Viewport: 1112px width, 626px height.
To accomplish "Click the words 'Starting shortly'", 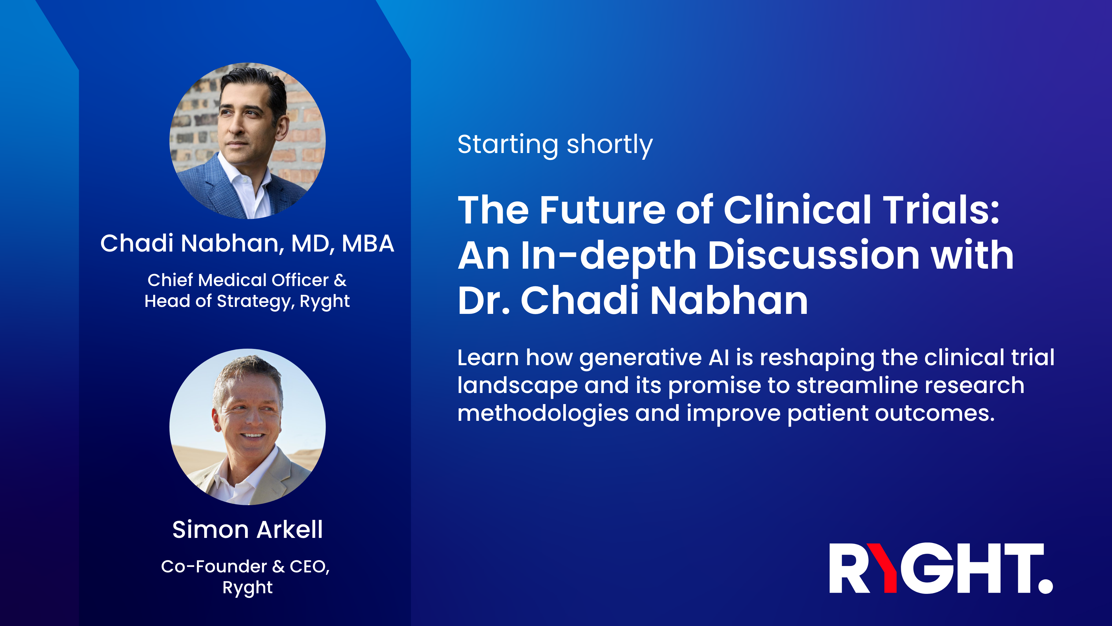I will point(555,145).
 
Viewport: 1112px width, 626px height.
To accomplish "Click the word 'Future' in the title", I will point(602,210).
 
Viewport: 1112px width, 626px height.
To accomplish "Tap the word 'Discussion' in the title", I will point(814,256).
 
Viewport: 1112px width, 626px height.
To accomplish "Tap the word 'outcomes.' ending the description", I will point(934,414).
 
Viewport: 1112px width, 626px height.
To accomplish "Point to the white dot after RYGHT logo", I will point(1045,586).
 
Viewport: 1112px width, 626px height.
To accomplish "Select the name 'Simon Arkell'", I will point(247,530).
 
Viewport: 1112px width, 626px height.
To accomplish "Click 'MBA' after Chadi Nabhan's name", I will point(368,244).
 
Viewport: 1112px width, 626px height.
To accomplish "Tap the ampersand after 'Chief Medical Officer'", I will point(340,280).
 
